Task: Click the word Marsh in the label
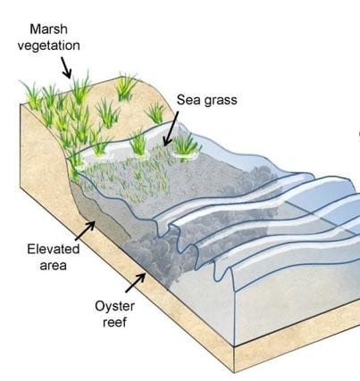pos(48,29)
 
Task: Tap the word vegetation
pos(48,46)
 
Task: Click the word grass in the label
pos(220,101)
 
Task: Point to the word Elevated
pos(54,249)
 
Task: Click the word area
pos(53,266)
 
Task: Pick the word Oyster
pos(114,306)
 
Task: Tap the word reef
pos(114,322)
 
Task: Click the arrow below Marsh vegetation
pos(66,68)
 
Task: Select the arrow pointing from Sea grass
pos(171,128)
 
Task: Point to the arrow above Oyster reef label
pos(136,283)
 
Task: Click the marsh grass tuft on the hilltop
pos(126,87)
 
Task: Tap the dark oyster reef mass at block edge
pos(158,261)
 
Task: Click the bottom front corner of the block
pos(234,372)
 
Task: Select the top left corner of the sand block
pos(21,104)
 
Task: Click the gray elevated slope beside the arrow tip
pos(101,216)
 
